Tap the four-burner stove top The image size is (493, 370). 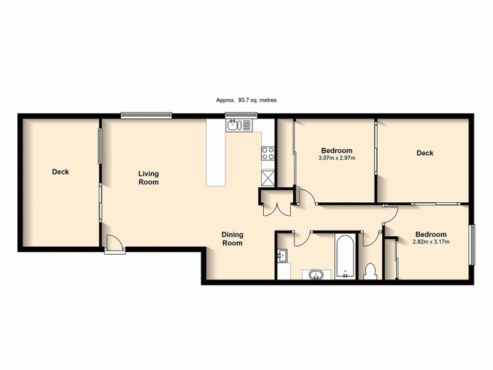(x=268, y=153)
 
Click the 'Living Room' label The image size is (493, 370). (x=148, y=178)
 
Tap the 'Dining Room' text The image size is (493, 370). (x=232, y=239)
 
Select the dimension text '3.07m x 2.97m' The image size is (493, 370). (x=336, y=158)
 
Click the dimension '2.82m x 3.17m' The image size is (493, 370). (x=431, y=242)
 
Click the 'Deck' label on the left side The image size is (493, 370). (x=60, y=172)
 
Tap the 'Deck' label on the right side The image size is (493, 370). (x=425, y=153)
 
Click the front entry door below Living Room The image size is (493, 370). (x=114, y=245)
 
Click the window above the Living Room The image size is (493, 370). (x=146, y=114)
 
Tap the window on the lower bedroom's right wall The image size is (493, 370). (x=473, y=245)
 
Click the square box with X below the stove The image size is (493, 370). (x=268, y=178)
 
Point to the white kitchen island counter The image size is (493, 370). (x=216, y=158)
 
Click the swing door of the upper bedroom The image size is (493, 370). (x=307, y=197)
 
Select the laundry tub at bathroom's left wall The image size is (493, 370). (x=283, y=255)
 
